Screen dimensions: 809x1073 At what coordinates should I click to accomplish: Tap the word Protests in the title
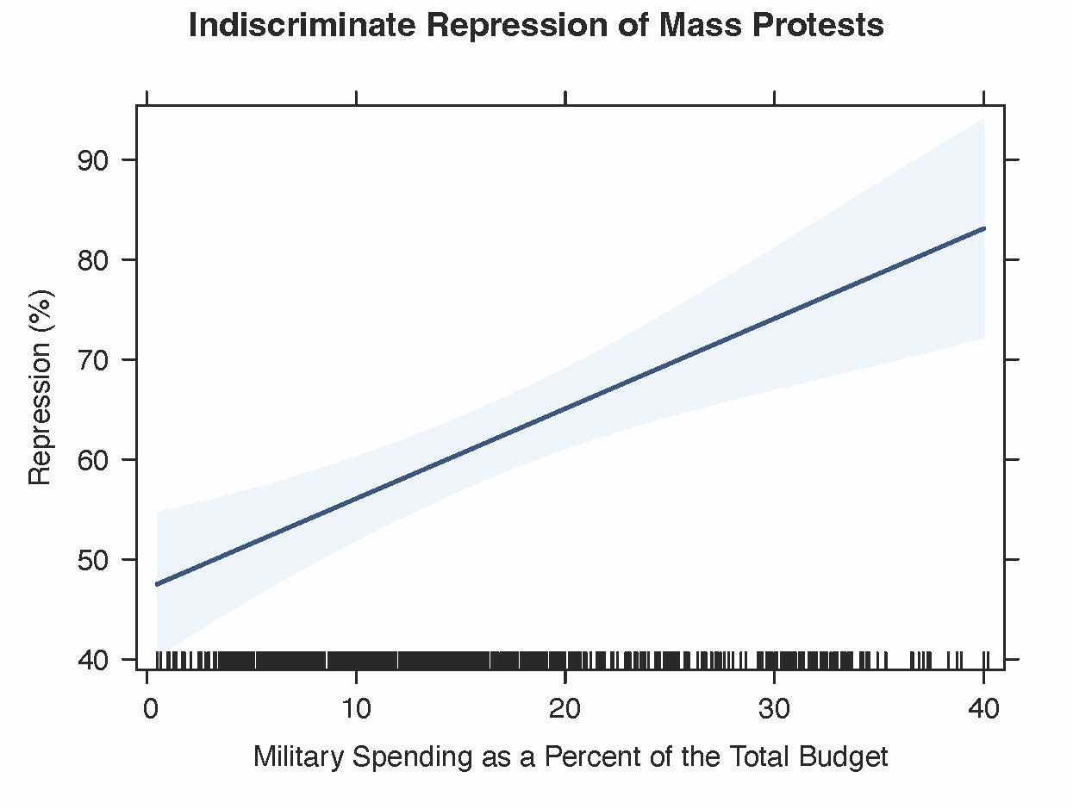point(815,26)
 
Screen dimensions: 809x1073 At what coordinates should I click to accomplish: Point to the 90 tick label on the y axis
point(95,160)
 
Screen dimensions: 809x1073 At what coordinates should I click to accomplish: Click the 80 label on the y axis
point(95,259)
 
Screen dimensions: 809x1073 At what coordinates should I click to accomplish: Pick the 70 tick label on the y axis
point(95,359)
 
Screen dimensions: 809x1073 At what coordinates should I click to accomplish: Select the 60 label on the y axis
point(95,459)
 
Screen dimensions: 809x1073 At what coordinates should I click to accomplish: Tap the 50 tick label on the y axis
point(95,559)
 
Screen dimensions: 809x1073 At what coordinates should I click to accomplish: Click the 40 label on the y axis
point(95,660)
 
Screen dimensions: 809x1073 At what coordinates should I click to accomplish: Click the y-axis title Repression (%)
point(41,387)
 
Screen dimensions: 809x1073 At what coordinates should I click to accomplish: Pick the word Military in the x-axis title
point(291,757)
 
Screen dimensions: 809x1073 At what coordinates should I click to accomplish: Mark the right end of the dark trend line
point(983,228)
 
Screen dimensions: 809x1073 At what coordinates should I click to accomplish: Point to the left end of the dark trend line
point(157,584)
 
